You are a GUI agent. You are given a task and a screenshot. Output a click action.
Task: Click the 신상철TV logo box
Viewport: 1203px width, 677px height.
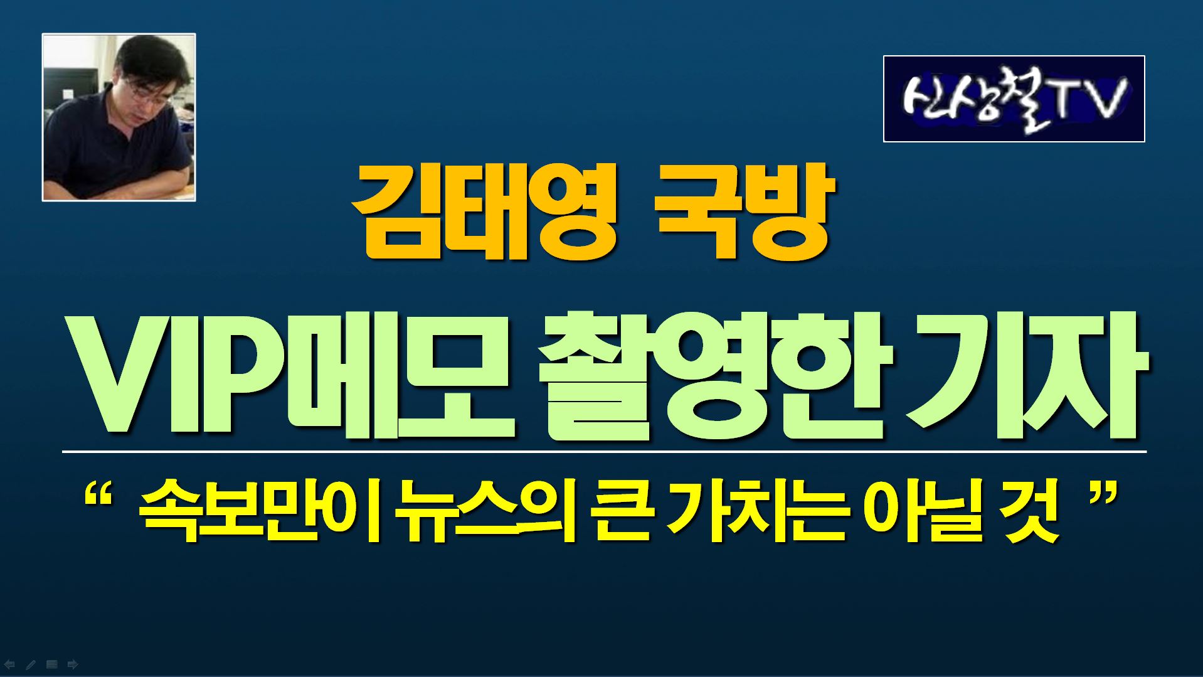1014,99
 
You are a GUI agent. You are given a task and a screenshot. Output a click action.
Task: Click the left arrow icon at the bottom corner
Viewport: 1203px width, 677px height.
9,664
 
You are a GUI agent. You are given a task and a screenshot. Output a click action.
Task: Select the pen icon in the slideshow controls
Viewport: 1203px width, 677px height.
30,664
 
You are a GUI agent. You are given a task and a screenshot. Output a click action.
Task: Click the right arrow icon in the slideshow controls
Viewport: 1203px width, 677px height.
73,664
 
